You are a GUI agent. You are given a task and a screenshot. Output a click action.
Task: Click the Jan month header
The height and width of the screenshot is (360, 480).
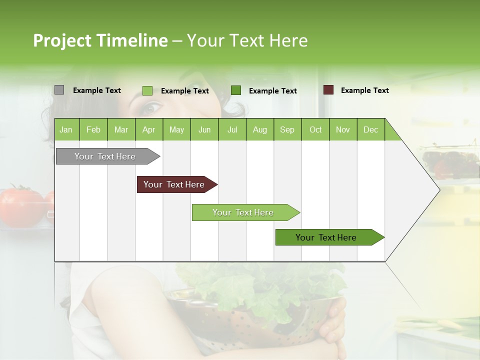(66, 129)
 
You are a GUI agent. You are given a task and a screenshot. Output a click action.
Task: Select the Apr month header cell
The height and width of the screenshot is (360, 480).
(148, 129)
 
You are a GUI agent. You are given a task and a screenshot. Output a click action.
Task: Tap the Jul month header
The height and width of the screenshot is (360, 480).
(232, 129)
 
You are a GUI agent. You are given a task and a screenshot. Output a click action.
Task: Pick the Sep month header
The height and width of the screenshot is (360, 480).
(287, 129)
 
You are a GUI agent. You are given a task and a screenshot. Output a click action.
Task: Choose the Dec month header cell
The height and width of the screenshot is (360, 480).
(370, 129)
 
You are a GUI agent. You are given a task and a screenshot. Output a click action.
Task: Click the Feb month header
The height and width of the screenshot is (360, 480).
(93, 129)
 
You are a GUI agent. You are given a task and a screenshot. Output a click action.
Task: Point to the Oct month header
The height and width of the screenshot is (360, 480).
(315, 129)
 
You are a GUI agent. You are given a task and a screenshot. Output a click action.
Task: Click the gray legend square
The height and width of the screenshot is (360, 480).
(59, 90)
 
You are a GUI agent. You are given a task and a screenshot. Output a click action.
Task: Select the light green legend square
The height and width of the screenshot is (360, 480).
(147, 90)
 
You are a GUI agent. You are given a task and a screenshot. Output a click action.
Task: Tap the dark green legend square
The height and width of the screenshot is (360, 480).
(236, 90)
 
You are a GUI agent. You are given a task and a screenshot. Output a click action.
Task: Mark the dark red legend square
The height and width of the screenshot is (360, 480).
(328, 90)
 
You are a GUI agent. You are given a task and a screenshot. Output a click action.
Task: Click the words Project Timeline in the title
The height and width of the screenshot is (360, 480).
(100, 40)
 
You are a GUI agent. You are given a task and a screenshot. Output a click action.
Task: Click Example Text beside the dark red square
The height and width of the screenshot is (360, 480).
(364, 90)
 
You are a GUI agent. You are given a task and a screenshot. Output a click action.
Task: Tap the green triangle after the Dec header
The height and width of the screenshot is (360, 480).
(392, 133)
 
